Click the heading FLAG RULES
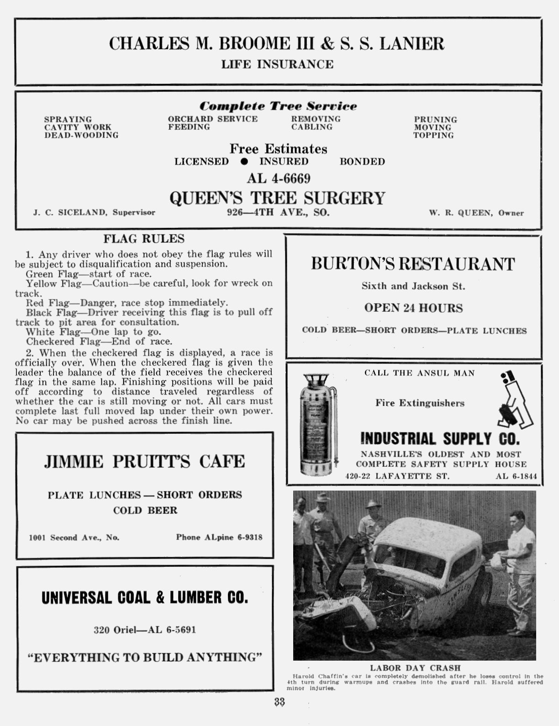pyautogui.click(x=144, y=239)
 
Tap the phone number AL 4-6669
pyautogui.click(x=279, y=178)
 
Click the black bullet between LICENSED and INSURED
pyautogui.click(x=244, y=161)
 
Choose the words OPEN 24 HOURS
pyautogui.click(x=413, y=308)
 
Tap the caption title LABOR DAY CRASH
pyautogui.click(x=415, y=668)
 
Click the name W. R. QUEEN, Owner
pyautogui.click(x=476, y=213)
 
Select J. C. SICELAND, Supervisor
pyautogui.click(x=94, y=213)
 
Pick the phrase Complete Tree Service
pyautogui.click(x=278, y=106)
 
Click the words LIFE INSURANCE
pyautogui.click(x=277, y=64)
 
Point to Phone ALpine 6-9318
pyautogui.click(x=219, y=538)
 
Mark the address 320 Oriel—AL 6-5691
pyautogui.click(x=145, y=630)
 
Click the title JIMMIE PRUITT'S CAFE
pyautogui.click(x=144, y=461)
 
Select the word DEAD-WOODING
pyautogui.click(x=81, y=135)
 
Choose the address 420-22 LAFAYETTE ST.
pyautogui.click(x=397, y=476)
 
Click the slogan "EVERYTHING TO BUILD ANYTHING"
pyautogui.click(x=145, y=658)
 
